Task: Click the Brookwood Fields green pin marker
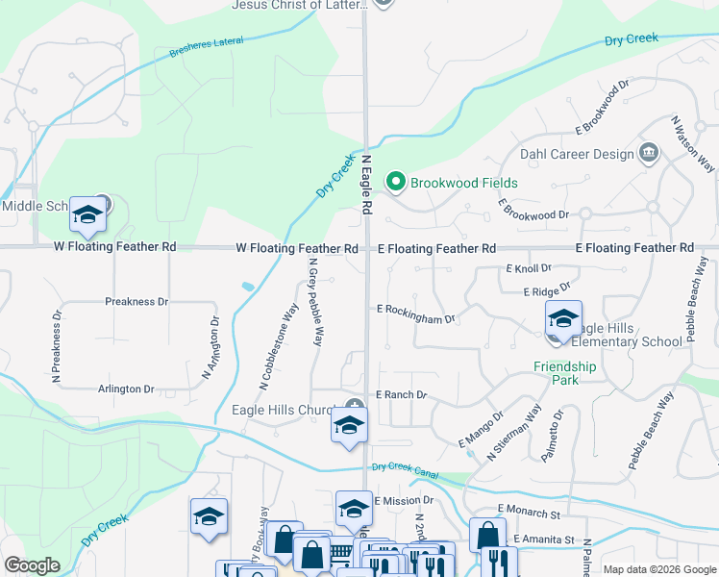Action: click(x=394, y=182)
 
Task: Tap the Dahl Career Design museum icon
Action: click(x=649, y=153)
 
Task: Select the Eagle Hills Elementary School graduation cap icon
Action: click(x=563, y=319)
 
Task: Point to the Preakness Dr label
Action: click(x=136, y=302)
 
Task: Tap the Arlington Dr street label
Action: click(x=126, y=389)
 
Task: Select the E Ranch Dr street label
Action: click(x=401, y=395)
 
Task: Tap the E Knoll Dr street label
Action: click(x=528, y=268)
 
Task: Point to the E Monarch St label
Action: click(x=528, y=508)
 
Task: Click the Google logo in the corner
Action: click(x=32, y=565)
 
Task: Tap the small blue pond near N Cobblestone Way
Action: click(x=250, y=287)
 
